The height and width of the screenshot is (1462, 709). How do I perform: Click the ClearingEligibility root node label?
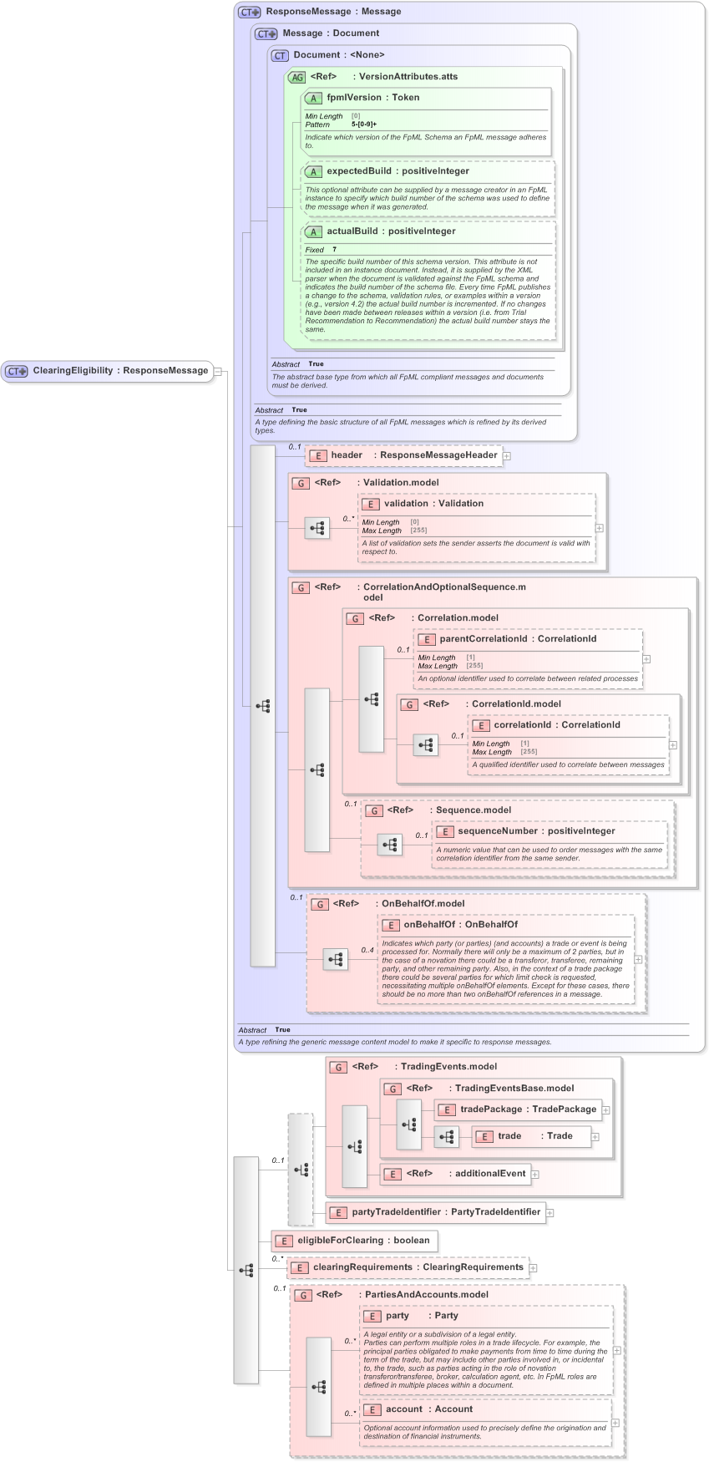tap(119, 371)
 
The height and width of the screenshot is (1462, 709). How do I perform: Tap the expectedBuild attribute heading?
tap(397, 171)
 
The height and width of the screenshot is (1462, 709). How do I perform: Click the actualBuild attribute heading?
tap(390, 231)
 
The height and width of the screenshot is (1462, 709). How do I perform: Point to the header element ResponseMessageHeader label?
tap(413, 455)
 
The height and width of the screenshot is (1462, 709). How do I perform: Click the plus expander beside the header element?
tap(507, 456)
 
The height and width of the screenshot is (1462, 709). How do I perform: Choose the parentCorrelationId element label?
tap(517, 639)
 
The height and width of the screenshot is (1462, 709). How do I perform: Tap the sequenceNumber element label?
tap(535, 831)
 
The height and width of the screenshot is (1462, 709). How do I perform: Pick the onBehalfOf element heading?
tap(459, 925)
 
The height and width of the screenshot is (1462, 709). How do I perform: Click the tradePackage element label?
tap(527, 1109)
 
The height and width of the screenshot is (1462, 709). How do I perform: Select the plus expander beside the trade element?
tap(595, 1136)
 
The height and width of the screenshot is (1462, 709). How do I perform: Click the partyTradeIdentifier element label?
tap(445, 1212)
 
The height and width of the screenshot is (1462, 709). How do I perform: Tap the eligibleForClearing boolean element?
tap(362, 1241)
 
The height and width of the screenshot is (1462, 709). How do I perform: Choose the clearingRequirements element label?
tap(418, 1267)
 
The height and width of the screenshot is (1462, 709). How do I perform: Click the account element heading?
tap(428, 1409)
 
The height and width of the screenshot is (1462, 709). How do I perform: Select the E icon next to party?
tap(372, 1316)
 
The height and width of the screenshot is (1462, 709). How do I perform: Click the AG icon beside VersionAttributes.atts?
tap(297, 77)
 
